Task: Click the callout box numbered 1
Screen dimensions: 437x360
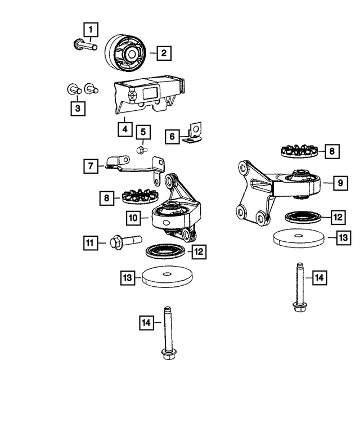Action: [x=91, y=28]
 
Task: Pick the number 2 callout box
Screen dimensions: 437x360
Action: [x=164, y=54]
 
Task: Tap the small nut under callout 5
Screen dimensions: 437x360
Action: [x=141, y=150]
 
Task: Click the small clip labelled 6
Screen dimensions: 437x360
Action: [x=193, y=134]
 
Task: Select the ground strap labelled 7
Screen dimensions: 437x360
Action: [x=132, y=166]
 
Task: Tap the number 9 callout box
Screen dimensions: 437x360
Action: [x=339, y=182]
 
